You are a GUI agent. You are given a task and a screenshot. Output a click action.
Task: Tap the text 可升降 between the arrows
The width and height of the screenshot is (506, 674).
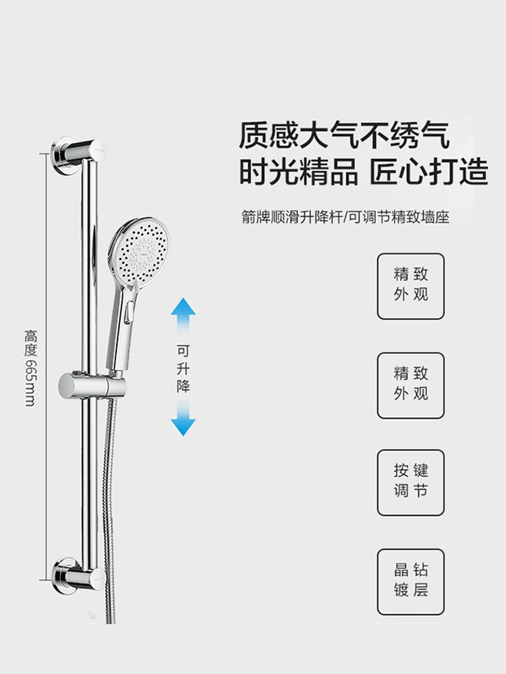point(183,369)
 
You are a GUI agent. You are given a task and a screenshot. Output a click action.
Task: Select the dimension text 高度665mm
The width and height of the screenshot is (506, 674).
point(30,367)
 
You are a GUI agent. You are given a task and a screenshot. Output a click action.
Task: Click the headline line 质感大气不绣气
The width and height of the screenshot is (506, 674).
point(344,135)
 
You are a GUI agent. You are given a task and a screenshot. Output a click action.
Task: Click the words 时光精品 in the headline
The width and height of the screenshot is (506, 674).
point(299,173)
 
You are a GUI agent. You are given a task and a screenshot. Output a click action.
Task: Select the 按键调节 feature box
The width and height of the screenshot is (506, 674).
point(411,482)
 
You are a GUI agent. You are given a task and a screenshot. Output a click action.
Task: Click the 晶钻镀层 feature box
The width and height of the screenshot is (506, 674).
point(411,581)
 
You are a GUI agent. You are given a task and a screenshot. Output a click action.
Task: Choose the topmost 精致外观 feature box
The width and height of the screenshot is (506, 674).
point(411,286)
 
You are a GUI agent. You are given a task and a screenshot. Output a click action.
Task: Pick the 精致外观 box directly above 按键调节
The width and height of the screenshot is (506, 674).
point(411,385)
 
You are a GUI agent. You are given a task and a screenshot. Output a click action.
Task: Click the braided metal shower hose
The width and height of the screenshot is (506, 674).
point(107,512)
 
